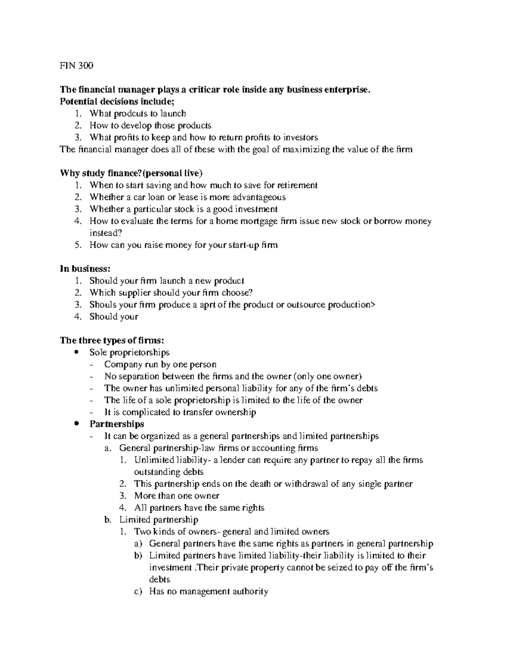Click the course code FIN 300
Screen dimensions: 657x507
[x=76, y=66]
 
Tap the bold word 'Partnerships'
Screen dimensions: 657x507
[x=117, y=424]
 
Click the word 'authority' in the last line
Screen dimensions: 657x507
[x=250, y=591]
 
